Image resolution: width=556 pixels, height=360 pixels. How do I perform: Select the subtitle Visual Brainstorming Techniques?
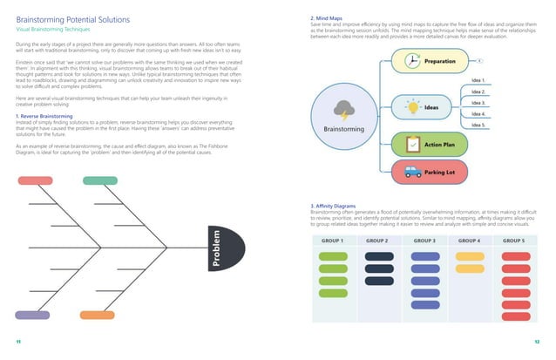(x=55, y=29)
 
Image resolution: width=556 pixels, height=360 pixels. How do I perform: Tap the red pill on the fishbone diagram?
(x=37, y=180)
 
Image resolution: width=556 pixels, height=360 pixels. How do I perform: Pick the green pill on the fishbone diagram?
(x=99, y=180)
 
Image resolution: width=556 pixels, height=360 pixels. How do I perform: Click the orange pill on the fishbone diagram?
(x=96, y=314)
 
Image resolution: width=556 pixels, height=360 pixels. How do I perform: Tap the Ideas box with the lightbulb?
(x=427, y=106)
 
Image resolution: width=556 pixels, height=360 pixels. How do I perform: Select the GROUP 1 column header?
(x=332, y=240)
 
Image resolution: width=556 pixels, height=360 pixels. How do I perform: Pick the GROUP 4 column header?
(x=469, y=240)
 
